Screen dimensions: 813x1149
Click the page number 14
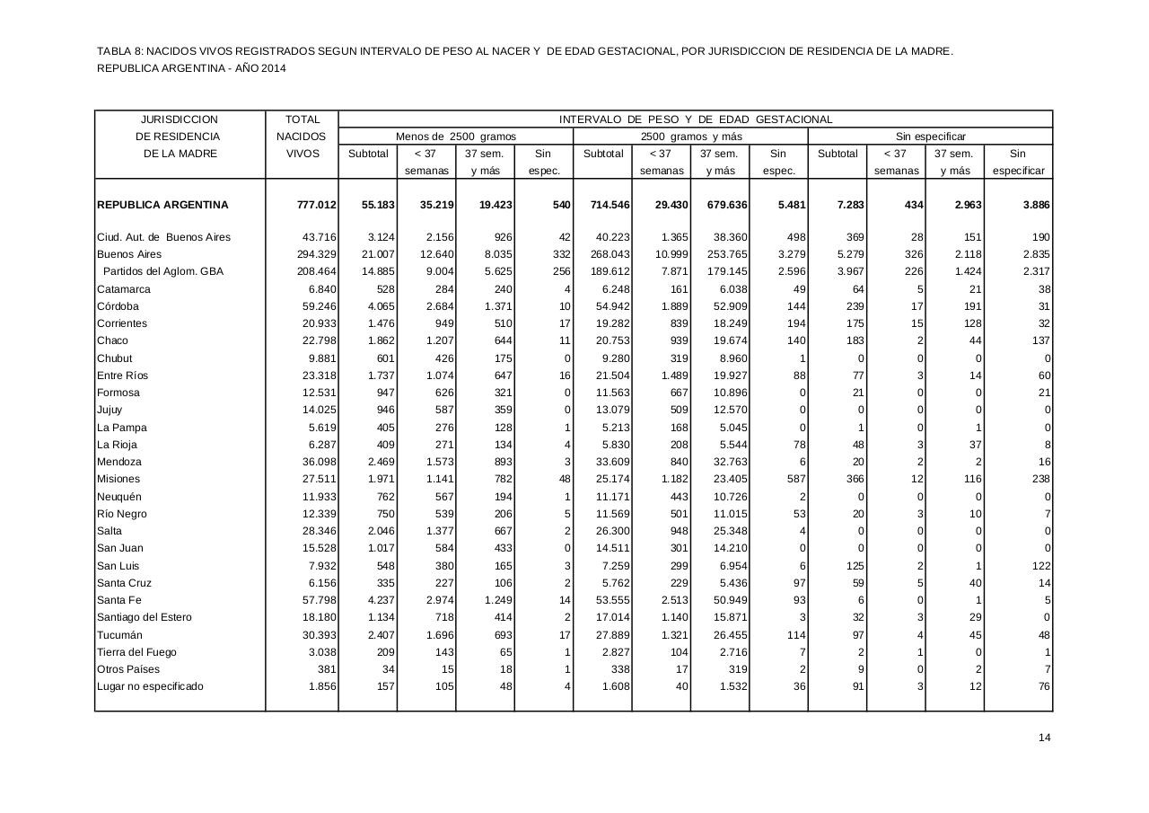(1044, 738)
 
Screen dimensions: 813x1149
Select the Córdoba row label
(118, 306)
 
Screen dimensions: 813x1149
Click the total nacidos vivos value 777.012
(316, 205)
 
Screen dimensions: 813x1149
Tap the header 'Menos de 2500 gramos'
(455, 137)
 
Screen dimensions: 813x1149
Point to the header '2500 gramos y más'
(690, 137)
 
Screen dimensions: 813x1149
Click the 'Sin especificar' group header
(930, 137)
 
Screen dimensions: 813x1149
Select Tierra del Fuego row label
(136, 652)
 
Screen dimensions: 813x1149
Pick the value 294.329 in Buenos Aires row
(317, 254)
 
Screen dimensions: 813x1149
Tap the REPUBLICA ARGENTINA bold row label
(162, 205)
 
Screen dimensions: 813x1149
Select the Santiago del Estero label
(144, 617)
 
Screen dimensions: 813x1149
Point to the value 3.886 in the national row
(1031, 205)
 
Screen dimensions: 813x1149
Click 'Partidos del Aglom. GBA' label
(162, 271)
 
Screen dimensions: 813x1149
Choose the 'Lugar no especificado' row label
(150, 686)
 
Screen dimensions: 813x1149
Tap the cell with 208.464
(317, 271)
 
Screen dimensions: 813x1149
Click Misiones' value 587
(794, 479)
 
